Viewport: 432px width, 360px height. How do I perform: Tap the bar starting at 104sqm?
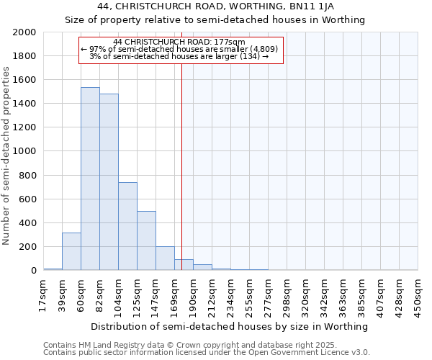(127, 226)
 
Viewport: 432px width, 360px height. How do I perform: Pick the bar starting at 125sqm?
(146, 240)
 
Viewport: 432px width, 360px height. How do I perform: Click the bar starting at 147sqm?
(165, 258)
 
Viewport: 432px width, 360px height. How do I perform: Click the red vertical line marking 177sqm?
(181, 166)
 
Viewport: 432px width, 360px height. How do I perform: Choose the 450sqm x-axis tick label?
(418, 295)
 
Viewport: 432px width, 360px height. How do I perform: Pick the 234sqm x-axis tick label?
(230, 295)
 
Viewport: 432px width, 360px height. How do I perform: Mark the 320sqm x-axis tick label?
(305, 295)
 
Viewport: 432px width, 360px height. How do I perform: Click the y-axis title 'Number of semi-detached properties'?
(6, 155)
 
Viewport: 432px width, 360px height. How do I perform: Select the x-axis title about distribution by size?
(230, 326)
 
